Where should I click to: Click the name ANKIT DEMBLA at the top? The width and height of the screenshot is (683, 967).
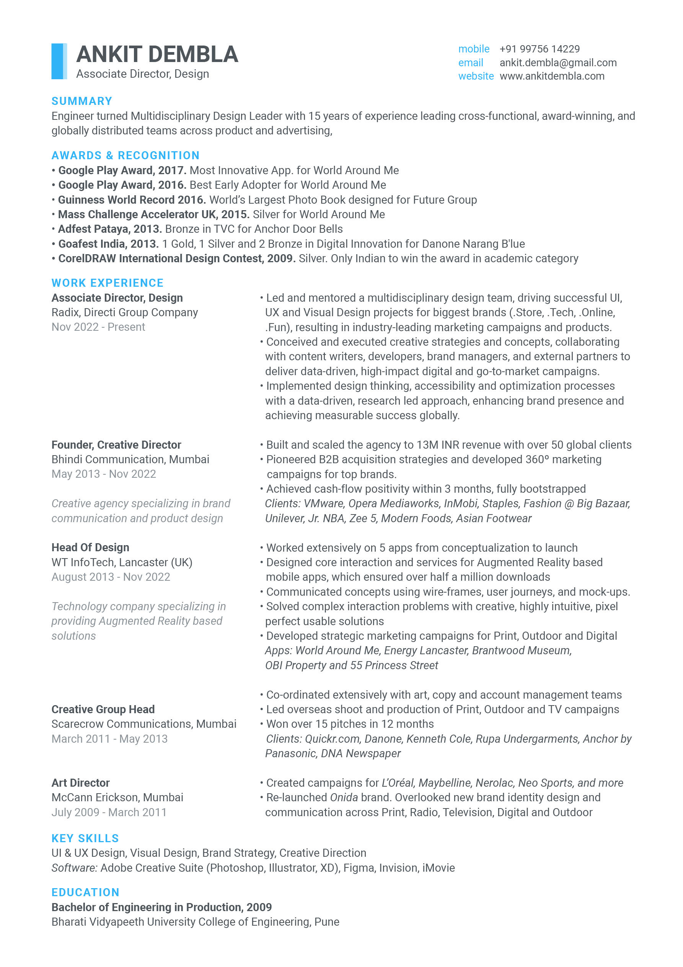coord(157,54)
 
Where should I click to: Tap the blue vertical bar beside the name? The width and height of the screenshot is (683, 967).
coord(59,62)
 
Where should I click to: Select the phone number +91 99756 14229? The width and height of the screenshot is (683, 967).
coord(540,49)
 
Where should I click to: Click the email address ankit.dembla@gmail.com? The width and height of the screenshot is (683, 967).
coord(558,63)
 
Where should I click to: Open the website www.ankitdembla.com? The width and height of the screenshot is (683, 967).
coord(552,76)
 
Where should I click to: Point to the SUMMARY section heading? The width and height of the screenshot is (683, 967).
coord(82,101)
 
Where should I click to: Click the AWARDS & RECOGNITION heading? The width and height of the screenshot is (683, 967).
coord(126,155)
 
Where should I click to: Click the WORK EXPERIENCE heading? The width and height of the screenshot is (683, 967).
coord(108,283)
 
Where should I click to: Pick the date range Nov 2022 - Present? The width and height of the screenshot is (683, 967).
coord(98,327)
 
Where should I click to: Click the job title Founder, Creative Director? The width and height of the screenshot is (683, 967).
coord(116,445)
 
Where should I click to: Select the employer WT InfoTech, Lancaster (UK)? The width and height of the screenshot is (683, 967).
coord(122,562)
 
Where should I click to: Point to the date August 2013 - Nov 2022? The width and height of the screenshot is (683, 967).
coord(111,577)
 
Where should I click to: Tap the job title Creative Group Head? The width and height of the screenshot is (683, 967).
coord(103,709)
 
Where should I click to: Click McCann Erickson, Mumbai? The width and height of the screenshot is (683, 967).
coord(117,797)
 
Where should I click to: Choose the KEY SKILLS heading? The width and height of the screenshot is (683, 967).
coord(85,838)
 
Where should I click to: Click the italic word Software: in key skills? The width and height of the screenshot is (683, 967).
coord(75,867)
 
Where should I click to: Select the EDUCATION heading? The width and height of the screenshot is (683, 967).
coord(85,892)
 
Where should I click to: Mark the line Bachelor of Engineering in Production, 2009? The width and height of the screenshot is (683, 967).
coord(161,907)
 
